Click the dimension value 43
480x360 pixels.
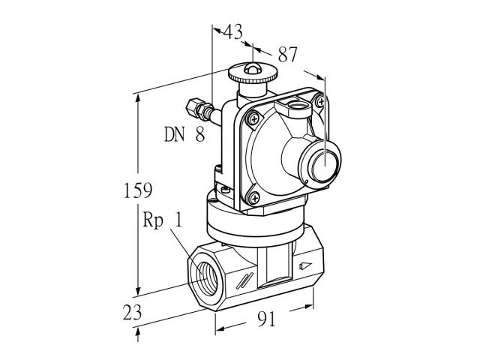coord(233,31)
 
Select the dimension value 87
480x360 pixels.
coord(287,55)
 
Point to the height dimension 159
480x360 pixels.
coord(138,190)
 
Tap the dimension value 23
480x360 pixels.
coord(132,312)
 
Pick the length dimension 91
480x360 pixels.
coord(267,319)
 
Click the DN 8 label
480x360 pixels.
coord(184,134)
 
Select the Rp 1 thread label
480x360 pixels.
coord(163,220)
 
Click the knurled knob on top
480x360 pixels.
coord(253,75)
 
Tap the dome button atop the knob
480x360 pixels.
coord(253,68)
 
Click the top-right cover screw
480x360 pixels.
coord(321,101)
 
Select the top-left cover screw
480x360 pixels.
coord(253,119)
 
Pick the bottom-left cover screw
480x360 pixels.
coord(254,198)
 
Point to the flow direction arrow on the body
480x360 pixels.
coord(305,265)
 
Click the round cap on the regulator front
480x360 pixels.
coord(325,163)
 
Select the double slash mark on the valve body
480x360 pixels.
coord(244,280)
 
